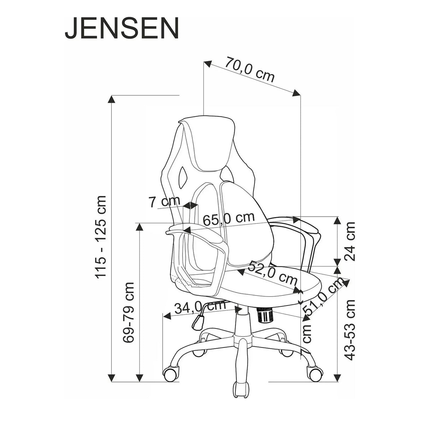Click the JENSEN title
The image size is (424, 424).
pos(122,29)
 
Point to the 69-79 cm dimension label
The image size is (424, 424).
pos(129,312)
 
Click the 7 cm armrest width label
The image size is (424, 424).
pos(164,202)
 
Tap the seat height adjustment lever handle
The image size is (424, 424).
pos(198,321)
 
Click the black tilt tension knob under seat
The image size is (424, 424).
pos(265,315)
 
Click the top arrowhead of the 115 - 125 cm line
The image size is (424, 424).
pos(112,99)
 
